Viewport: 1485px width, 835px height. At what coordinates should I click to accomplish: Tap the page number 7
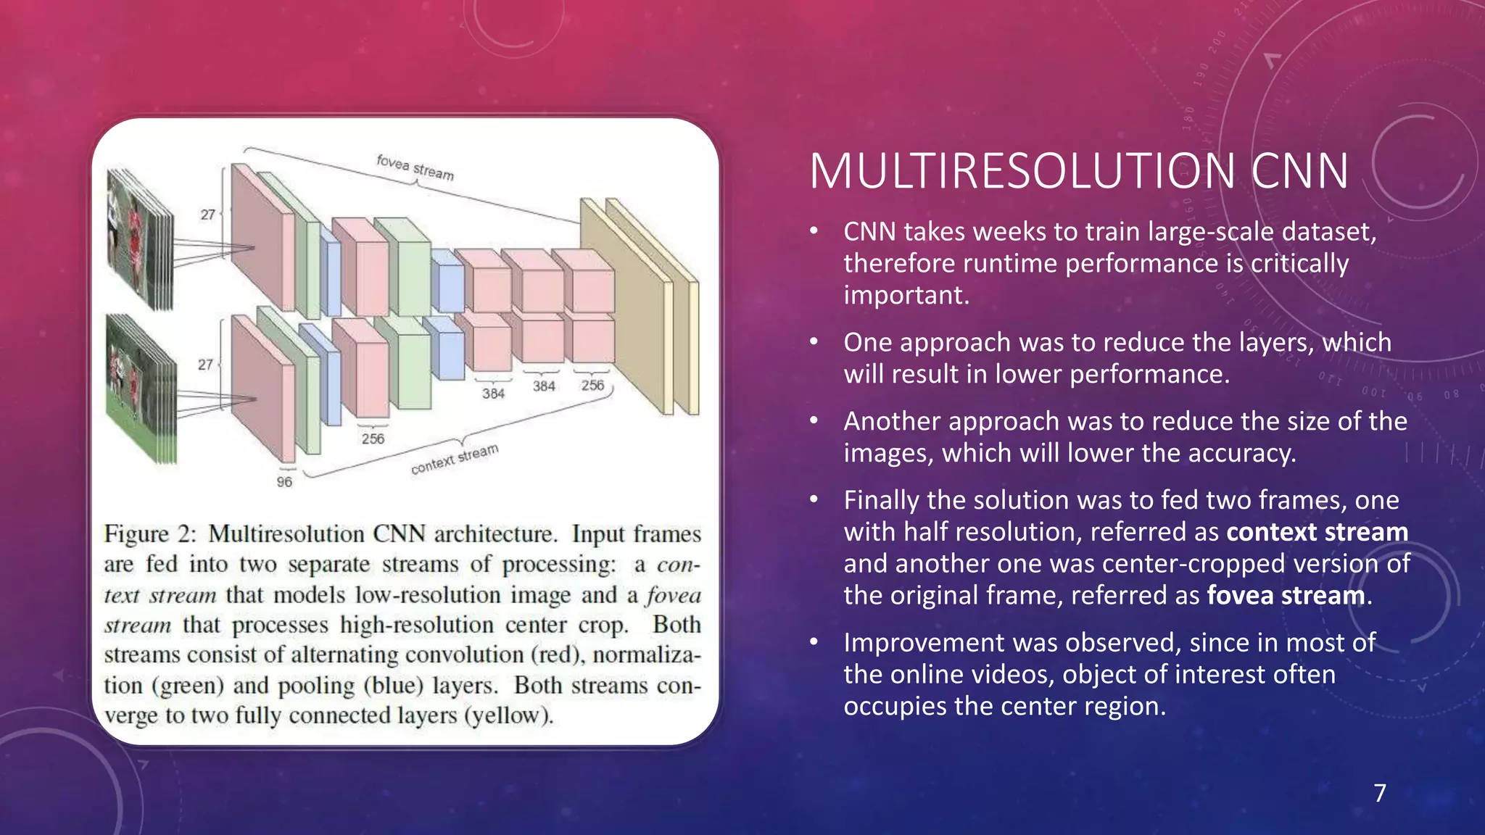(1380, 793)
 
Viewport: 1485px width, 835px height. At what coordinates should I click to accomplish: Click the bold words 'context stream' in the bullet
(1317, 532)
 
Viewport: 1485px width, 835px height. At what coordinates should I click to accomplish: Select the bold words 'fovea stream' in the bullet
(1286, 596)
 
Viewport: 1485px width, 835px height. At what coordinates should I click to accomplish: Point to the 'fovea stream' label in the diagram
(415, 167)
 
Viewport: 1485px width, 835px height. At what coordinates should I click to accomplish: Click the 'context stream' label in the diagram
(455, 460)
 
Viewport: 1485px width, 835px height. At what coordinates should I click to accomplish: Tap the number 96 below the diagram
(284, 482)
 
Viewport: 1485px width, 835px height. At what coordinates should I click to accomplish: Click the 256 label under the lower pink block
(373, 439)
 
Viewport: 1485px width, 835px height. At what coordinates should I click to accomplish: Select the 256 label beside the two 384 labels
(592, 385)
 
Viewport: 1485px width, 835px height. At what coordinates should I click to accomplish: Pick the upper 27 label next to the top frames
(207, 215)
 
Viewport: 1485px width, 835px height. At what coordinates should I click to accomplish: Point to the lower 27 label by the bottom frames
(205, 365)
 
